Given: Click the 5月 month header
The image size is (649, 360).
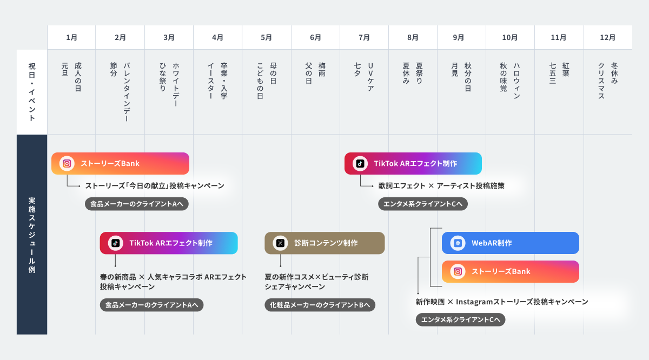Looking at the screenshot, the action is pos(266,37).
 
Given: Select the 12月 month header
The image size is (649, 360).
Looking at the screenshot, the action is pos(607,37).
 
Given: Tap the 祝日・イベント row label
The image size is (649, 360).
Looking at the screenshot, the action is pos(32,91).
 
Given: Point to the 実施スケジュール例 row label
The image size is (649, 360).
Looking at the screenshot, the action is pos(32,235).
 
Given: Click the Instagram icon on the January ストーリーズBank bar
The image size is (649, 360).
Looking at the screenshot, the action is pos(67,163).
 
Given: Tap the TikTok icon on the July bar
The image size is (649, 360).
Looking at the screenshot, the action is pos(360,163).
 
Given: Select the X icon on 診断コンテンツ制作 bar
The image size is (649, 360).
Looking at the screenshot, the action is pos(280,243).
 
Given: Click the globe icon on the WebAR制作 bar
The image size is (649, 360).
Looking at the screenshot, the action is pos(458,243).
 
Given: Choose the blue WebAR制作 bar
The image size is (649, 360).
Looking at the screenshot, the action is pos(510,243).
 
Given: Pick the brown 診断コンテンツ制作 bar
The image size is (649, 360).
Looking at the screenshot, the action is pos(325,243).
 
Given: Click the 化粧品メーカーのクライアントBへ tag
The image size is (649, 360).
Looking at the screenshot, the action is pos(320,305).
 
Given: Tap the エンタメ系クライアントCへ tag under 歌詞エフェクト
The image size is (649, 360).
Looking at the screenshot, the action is pos(422,204).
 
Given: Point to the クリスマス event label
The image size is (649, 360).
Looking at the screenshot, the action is pos(601,81).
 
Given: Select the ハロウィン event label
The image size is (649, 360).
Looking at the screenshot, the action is pos(516,81).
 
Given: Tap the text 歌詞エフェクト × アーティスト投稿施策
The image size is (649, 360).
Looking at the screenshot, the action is pos(441,186).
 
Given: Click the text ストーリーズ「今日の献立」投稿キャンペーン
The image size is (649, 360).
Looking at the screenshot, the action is pos(155,186).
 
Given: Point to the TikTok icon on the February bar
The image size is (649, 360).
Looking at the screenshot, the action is pos(115,243).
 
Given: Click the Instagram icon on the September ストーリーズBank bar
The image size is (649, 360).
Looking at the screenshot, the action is pos(458,271).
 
